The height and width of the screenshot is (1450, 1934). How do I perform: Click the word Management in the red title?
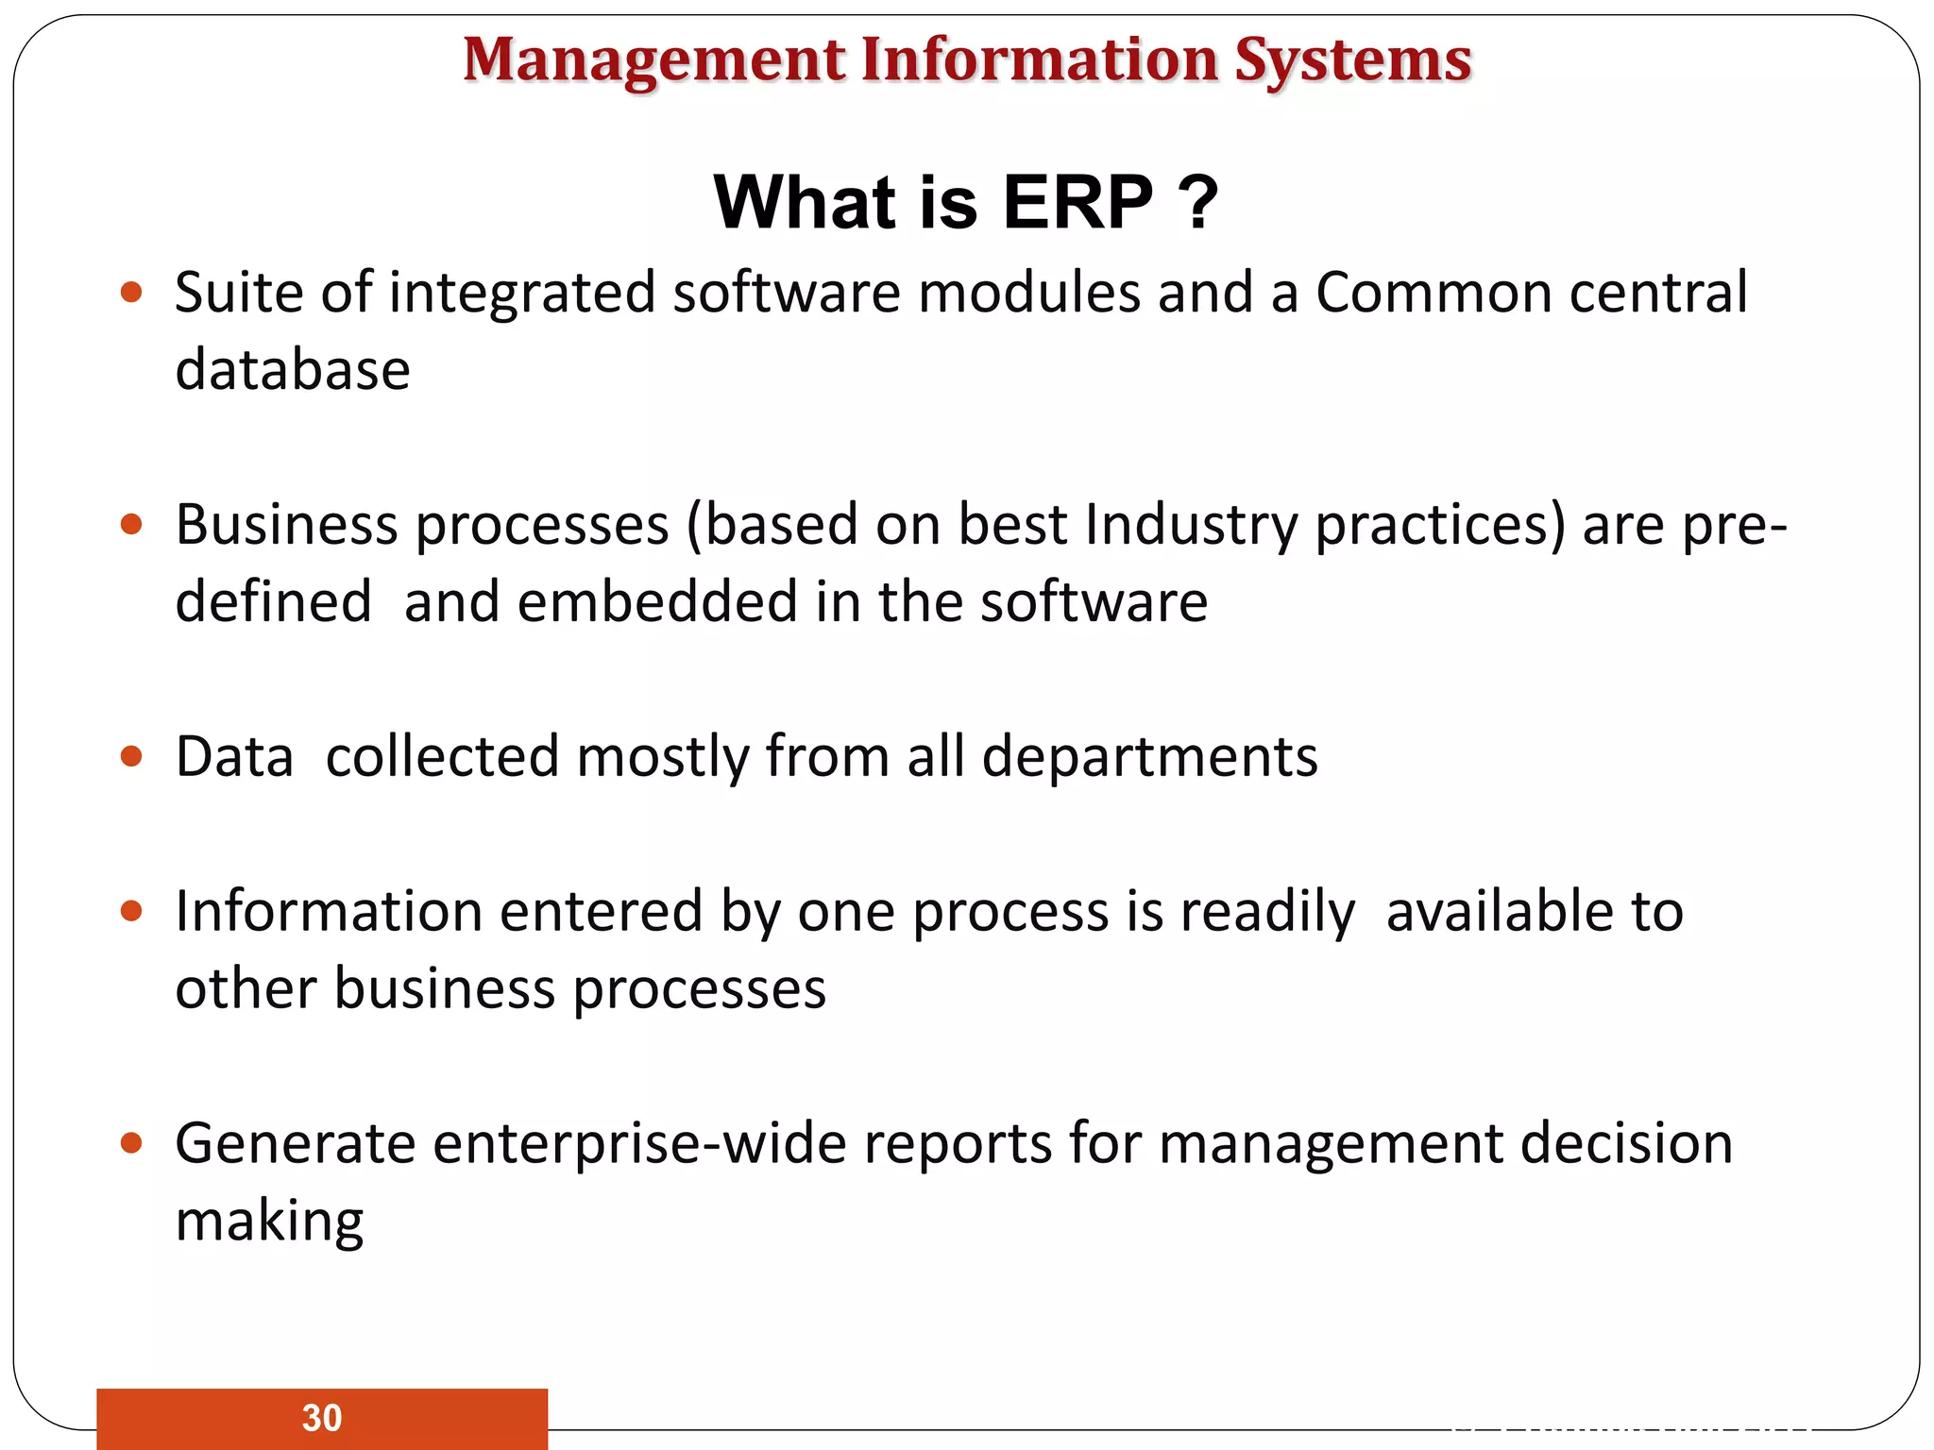(653, 61)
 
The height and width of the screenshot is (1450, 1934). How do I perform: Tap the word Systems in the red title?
(1352, 61)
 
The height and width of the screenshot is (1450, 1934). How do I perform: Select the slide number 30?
(322, 1418)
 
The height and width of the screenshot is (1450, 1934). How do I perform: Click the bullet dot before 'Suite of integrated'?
(132, 293)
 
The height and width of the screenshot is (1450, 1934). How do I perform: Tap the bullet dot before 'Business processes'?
(132, 525)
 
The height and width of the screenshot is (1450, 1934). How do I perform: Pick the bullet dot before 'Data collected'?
(132, 757)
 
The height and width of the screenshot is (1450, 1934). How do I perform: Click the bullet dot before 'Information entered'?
(132, 912)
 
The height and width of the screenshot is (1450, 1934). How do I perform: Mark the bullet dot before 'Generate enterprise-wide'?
(132, 1144)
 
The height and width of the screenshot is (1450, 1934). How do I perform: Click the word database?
(293, 369)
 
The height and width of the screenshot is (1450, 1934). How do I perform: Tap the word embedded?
(657, 601)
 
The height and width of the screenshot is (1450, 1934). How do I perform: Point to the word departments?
(1149, 757)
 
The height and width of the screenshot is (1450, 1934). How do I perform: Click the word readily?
(1267, 912)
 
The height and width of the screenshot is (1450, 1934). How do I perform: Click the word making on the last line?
(269, 1222)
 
